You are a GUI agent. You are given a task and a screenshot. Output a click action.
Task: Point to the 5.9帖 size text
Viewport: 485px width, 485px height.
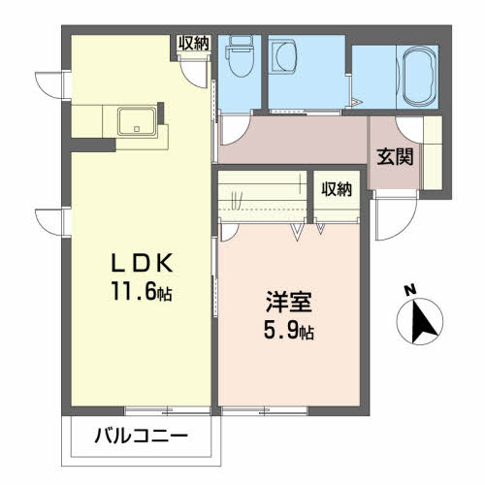click(x=288, y=330)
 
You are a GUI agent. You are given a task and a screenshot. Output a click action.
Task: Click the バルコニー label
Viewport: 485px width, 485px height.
click(x=141, y=436)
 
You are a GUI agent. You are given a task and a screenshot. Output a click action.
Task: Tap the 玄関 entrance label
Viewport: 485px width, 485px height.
click(x=395, y=156)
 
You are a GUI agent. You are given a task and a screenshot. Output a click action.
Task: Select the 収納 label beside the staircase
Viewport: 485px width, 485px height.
click(x=337, y=189)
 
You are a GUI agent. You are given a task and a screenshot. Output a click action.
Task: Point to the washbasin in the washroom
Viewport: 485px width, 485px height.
click(x=285, y=57)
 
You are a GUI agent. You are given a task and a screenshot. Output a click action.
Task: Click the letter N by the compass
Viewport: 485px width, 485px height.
click(x=410, y=289)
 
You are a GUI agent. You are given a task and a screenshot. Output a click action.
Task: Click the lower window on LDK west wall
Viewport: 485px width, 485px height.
click(x=48, y=222)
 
